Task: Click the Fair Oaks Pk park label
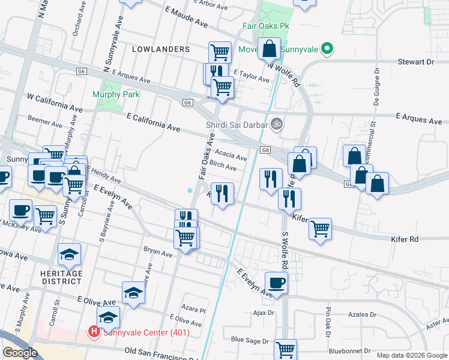[x=267, y=26]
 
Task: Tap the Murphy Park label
[x=116, y=94]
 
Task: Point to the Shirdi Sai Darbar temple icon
[x=277, y=124]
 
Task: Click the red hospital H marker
[x=94, y=331]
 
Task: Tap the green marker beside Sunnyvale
[x=327, y=49]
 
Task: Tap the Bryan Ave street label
[x=158, y=253]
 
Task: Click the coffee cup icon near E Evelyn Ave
[x=276, y=283]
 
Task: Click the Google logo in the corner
[x=20, y=353]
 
